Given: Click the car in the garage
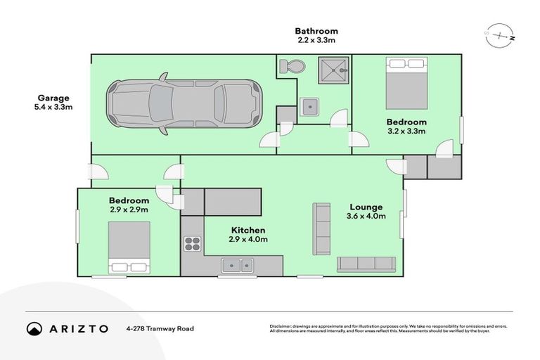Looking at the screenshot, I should tap(184, 103).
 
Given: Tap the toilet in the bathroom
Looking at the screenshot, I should tap(291, 67).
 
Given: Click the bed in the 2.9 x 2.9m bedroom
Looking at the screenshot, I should tap(129, 247).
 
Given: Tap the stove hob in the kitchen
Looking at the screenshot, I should tap(193, 244).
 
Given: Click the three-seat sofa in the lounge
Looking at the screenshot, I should tap(366, 264).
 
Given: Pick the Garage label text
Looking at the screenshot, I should tap(53, 98).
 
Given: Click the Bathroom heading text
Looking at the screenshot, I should tap(316, 31).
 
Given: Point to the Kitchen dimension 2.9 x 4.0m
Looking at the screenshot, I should tap(247, 240).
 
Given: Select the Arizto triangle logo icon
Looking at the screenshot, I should tap(34, 328).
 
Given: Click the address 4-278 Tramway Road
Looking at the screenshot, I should tap(160, 328).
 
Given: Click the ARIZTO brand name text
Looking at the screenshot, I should tap(79, 328).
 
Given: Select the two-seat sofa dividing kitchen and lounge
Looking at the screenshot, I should tap(322, 229).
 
